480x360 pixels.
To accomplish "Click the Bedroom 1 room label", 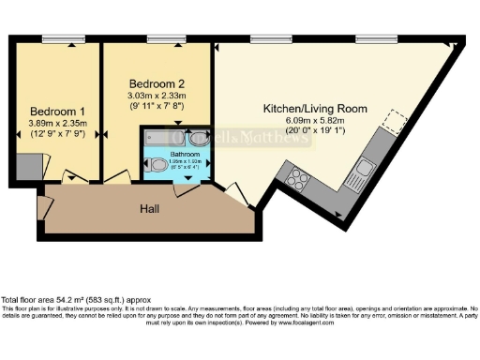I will [x=53, y=109].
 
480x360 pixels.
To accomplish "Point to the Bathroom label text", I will [x=185, y=153].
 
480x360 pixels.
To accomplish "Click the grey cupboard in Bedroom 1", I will [x=28, y=168].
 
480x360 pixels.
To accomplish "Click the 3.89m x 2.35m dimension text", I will [x=52, y=123].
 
